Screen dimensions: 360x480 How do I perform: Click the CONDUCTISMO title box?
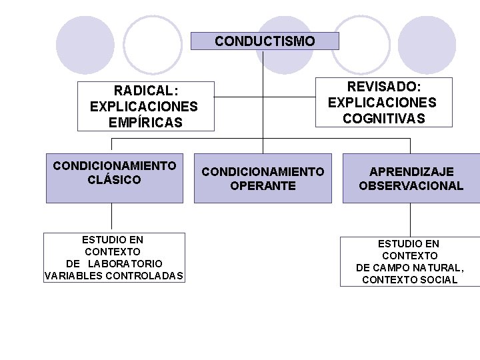[x=265, y=41]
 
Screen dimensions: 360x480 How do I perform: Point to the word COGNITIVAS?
[x=383, y=119]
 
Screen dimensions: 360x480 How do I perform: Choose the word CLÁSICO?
[x=114, y=179]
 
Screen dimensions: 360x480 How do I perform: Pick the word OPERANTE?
[x=263, y=186]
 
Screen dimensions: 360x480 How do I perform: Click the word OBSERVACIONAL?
[x=411, y=186]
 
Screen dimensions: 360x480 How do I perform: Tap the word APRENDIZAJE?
[x=412, y=172]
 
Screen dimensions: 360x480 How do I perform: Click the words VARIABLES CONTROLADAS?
[x=114, y=276]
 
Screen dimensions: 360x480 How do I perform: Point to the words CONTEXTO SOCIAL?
[x=409, y=280]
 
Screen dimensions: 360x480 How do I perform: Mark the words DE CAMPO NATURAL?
[x=409, y=268]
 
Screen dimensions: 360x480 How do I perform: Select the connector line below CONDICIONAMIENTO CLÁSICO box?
[x=111, y=217]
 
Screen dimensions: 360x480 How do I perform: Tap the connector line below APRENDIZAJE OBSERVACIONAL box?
[x=409, y=219]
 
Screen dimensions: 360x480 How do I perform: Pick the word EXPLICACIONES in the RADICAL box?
[x=144, y=107]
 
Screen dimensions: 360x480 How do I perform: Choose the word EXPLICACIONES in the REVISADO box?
[x=382, y=103]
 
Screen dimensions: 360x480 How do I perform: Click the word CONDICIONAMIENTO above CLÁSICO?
[x=115, y=165]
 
